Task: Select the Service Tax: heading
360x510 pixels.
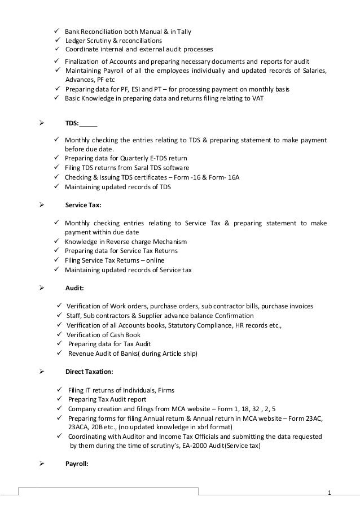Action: pos(83,206)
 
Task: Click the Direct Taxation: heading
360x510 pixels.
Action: pos(89,373)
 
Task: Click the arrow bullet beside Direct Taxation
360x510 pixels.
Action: pos(40,373)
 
